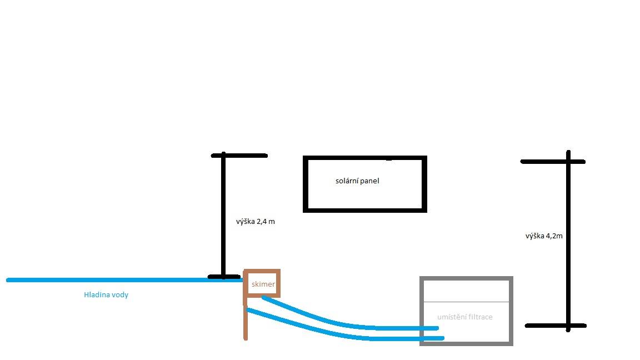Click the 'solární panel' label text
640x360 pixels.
click(x=357, y=181)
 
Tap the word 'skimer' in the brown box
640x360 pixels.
click(x=263, y=284)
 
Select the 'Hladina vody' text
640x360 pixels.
click(x=106, y=294)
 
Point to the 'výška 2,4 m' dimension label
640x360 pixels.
click(x=256, y=222)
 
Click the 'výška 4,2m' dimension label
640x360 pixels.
click(x=544, y=236)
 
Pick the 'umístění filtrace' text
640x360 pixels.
click(x=465, y=317)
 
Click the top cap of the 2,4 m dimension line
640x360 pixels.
click(x=239, y=156)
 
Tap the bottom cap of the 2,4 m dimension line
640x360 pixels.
click(x=224, y=277)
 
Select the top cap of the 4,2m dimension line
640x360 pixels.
click(x=553, y=162)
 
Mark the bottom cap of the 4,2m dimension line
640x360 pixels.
click(x=556, y=326)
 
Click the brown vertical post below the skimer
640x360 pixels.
click(x=246, y=318)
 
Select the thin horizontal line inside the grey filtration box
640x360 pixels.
click(x=467, y=302)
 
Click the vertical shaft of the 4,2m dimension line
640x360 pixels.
click(x=568, y=241)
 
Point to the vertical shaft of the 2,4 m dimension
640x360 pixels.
click(x=223, y=216)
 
